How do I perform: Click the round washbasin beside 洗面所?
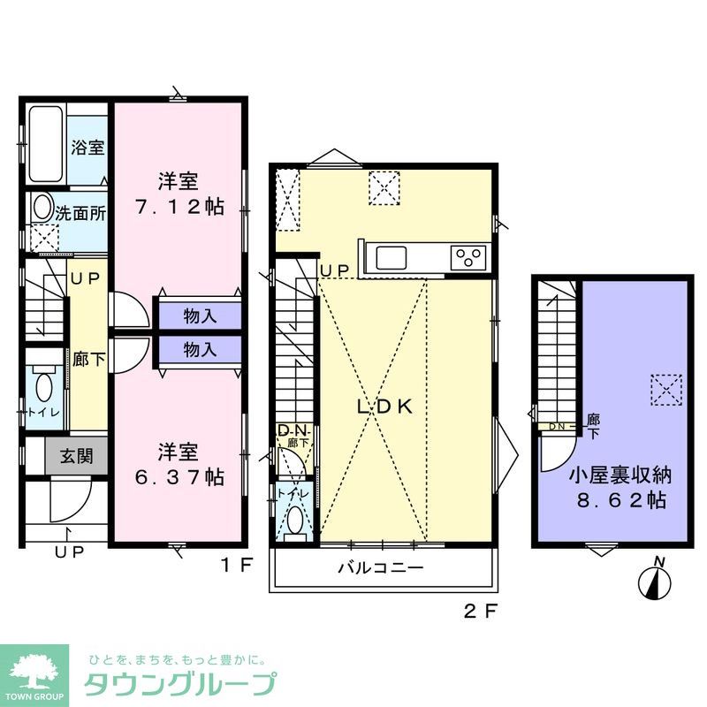(x=42, y=208)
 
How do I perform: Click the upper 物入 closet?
(x=200, y=315)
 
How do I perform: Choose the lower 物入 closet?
(x=200, y=348)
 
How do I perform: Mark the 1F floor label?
(x=237, y=562)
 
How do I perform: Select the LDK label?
(x=384, y=407)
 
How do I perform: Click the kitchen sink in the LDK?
(x=392, y=258)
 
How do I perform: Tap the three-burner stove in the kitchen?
(x=468, y=258)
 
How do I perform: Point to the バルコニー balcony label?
(x=381, y=567)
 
